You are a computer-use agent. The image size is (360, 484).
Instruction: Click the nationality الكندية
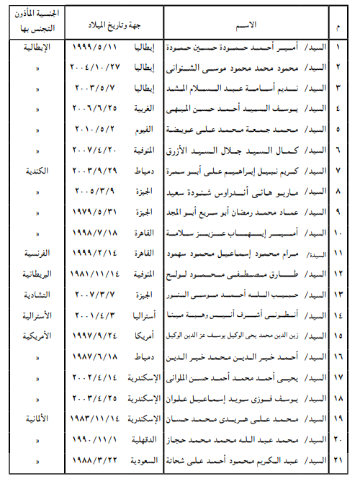point(37,173)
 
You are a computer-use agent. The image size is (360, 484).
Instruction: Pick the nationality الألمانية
point(37,418)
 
